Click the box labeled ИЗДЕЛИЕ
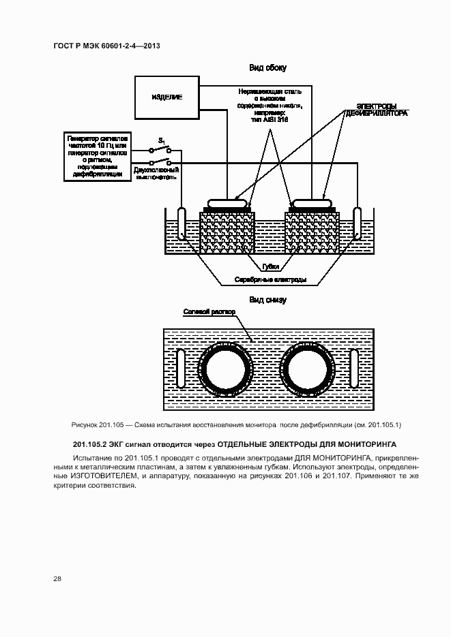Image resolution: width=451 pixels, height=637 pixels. coord(166,97)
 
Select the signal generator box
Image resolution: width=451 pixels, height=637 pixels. coord(96,156)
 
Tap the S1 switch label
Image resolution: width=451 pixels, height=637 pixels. coord(162,140)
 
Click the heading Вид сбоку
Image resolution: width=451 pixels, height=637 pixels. coord(267,67)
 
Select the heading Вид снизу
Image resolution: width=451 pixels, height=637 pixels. coord(267,300)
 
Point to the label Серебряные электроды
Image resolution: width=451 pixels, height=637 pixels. coord(270,279)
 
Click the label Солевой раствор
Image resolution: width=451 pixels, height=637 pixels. coord(209,311)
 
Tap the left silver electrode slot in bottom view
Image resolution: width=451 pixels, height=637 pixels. coord(180,369)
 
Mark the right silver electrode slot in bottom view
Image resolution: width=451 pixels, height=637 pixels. coord(354,369)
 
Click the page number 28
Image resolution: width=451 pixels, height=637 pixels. coord(57,578)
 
